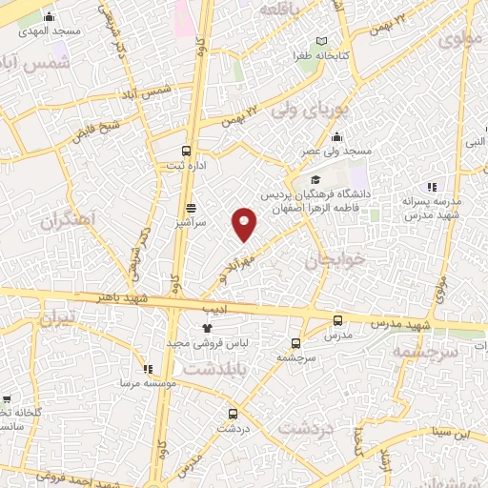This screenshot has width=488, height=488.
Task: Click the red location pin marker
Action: (245, 223)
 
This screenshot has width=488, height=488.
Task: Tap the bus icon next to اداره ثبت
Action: (187, 150)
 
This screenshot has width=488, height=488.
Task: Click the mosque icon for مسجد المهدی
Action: (50, 16)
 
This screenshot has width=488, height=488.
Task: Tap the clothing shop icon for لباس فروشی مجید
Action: (207, 327)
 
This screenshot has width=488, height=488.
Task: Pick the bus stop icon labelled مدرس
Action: (338, 321)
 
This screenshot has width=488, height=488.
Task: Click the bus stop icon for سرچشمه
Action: (295, 343)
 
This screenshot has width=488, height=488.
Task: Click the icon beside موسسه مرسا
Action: (147, 369)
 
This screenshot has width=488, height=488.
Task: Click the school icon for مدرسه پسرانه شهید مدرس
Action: (431, 187)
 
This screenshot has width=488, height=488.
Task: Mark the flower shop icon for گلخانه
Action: (7, 400)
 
